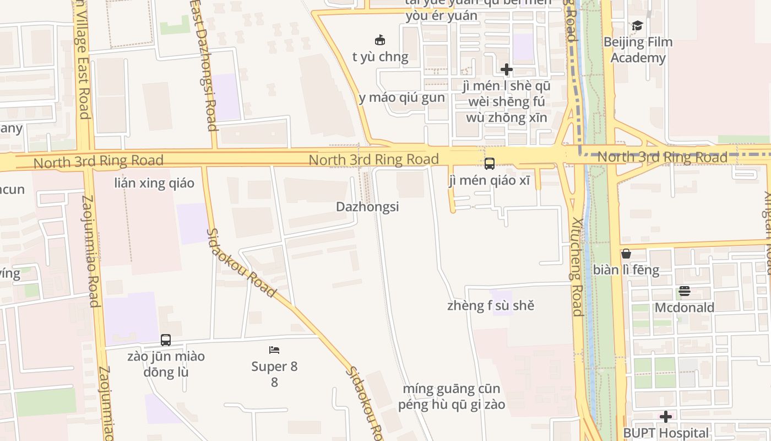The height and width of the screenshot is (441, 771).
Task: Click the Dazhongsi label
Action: pyautogui.click(x=367, y=207)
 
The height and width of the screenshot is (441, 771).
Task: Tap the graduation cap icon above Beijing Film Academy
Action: pyautogui.click(x=637, y=25)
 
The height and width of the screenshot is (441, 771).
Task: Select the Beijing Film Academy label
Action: pyautogui.click(x=638, y=50)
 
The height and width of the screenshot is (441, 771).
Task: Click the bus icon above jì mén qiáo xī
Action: pyautogui.click(x=489, y=164)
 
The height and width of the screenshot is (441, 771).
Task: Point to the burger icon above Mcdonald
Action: pyautogui.click(x=685, y=291)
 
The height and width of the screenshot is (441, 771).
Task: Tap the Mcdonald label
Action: pyautogui.click(x=684, y=307)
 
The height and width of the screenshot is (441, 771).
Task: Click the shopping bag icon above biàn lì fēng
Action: pyautogui.click(x=626, y=254)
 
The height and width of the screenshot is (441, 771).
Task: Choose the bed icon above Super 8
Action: pyautogui.click(x=274, y=349)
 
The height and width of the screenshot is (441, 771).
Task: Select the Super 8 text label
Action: pyautogui.click(x=274, y=367)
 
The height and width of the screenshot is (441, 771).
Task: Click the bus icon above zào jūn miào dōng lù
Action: pyautogui.click(x=166, y=340)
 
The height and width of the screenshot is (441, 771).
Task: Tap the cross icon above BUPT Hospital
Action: pyautogui.click(x=666, y=417)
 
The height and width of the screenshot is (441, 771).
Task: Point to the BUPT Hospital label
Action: pyautogui.click(x=666, y=433)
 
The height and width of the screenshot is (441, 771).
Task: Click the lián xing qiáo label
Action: pyautogui.click(x=154, y=183)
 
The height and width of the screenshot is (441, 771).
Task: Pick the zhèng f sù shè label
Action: pyautogui.click(x=491, y=305)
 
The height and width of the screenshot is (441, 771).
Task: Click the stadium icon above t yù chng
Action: pyautogui.click(x=380, y=40)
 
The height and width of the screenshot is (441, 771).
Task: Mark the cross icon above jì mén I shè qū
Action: pyautogui.click(x=507, y=69)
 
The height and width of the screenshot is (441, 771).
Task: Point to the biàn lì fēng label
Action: pyautogui.click(x=626, y=270)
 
